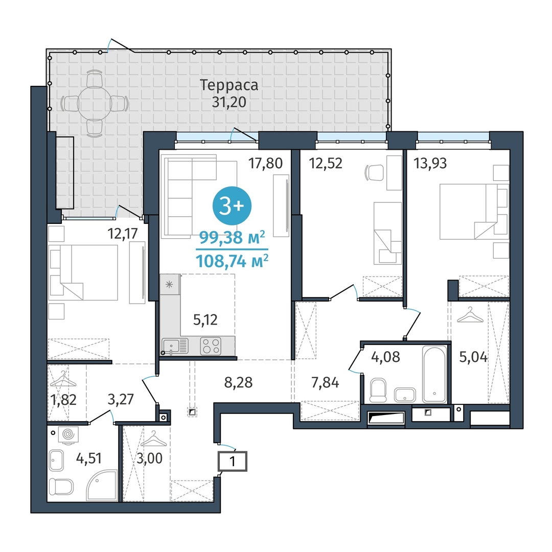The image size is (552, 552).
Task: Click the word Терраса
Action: [x=229, y=85]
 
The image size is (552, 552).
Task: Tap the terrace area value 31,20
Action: [x=229, y=102]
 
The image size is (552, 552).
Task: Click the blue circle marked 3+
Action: [x=232, y=206]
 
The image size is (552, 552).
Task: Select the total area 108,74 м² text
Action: [x=232, y=261]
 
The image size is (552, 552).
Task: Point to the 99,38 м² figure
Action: [x=232, y=238]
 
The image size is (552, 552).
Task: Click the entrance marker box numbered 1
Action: [x=233, y=461]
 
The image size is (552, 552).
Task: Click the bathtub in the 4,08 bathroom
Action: [x=435, y=374]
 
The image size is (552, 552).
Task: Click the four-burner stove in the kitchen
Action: [x=211, y=346]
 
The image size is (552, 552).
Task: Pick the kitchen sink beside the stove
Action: [x=175, y=346]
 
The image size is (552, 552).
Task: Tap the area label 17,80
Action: [x=265, y=164]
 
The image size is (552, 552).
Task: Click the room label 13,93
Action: [x=430, y=164]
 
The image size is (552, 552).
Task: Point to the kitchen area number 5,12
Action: [x=205, y=319]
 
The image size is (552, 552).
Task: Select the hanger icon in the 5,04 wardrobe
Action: [x=470, y=315]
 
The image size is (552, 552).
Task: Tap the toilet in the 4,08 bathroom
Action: [x=378, y=390]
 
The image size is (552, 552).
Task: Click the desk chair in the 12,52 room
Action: [x=374, y=172]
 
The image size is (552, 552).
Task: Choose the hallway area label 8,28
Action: [x=238, y=382]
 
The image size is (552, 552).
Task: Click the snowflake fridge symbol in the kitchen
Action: [x=169, y=284]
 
